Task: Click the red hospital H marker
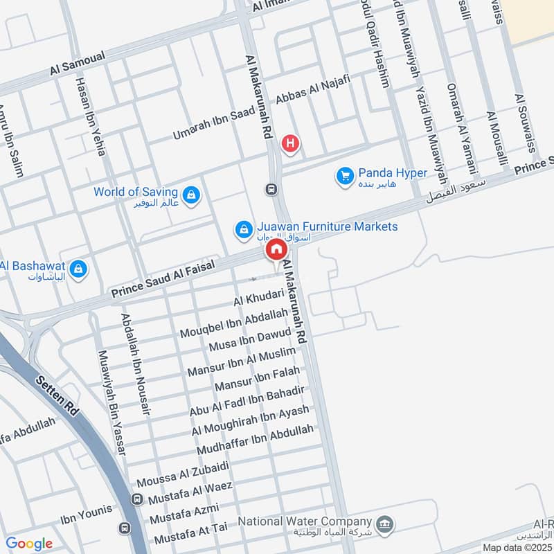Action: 290,143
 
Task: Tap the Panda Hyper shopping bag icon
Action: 345,177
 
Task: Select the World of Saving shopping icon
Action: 193,195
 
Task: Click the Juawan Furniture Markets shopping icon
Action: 243,229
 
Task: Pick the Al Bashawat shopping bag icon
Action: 78,268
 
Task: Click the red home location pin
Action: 276,250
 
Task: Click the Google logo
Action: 29,544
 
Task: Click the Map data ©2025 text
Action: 517,548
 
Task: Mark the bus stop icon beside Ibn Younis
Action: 125,528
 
